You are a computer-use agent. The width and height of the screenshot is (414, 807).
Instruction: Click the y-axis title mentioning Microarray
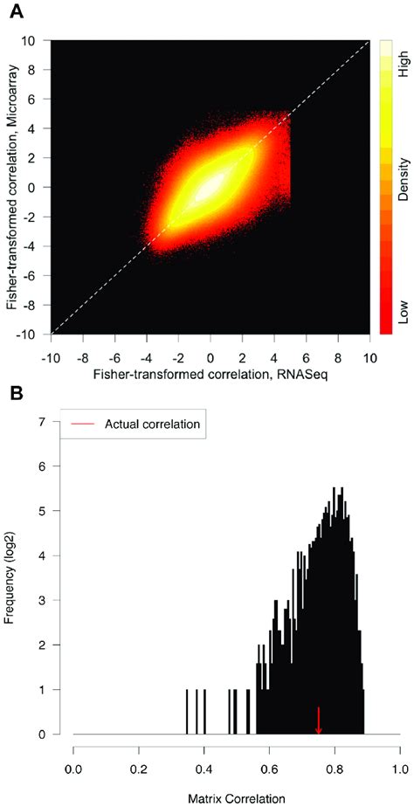coord(11,186)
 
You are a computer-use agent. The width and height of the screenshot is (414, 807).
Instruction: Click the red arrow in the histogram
coord(319,721)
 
